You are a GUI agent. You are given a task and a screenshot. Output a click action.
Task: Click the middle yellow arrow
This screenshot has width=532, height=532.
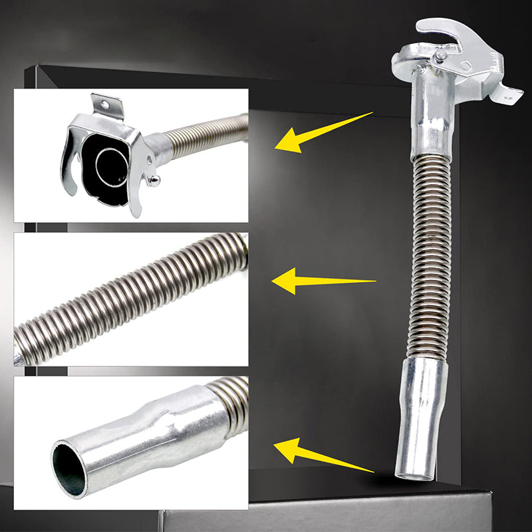[313, 281]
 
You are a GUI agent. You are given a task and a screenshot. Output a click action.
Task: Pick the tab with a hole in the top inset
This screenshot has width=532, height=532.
[106, 106]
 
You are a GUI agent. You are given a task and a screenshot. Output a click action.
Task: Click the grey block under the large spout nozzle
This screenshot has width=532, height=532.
[346, 515]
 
